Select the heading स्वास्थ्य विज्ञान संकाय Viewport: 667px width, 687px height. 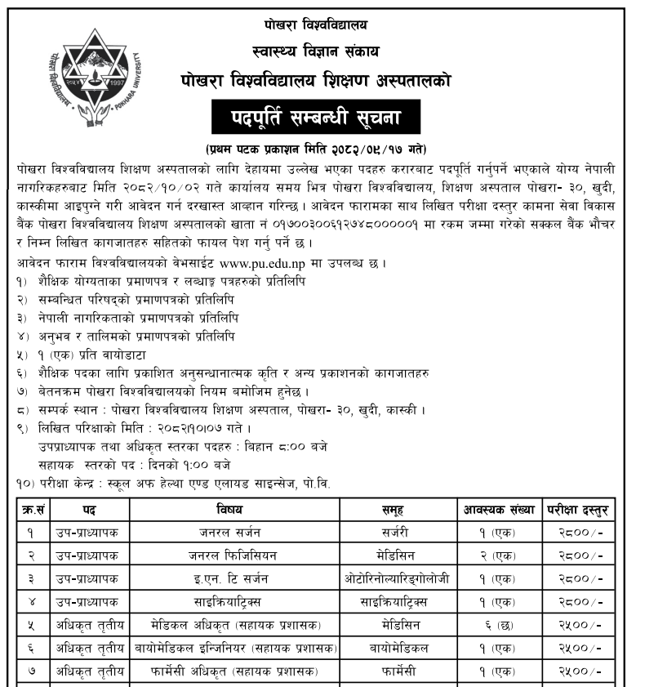316,51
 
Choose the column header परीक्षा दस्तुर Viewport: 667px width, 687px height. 577,510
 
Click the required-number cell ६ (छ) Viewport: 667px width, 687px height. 497,625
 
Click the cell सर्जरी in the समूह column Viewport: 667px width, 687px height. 395,533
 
